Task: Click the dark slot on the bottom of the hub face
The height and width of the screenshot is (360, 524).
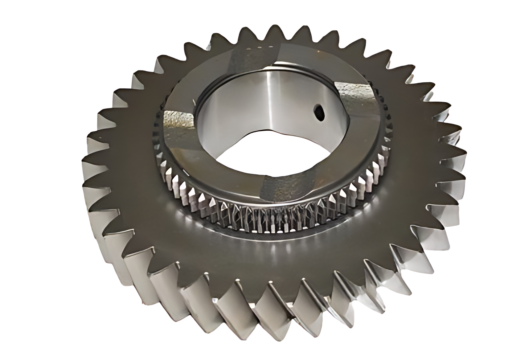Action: pos(284,187)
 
